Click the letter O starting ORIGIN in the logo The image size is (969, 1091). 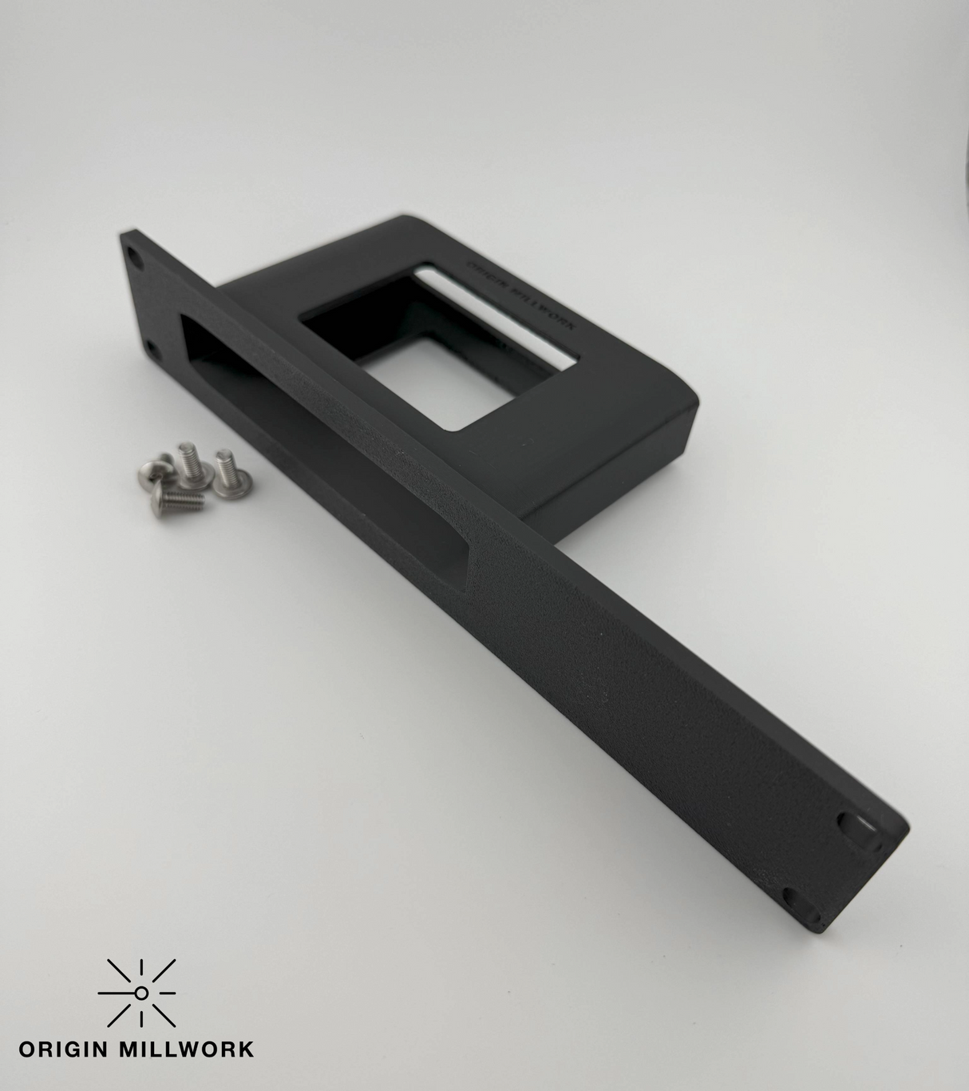[x=27, y=1048]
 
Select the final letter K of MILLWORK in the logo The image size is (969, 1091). [x=246, y=1048]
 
